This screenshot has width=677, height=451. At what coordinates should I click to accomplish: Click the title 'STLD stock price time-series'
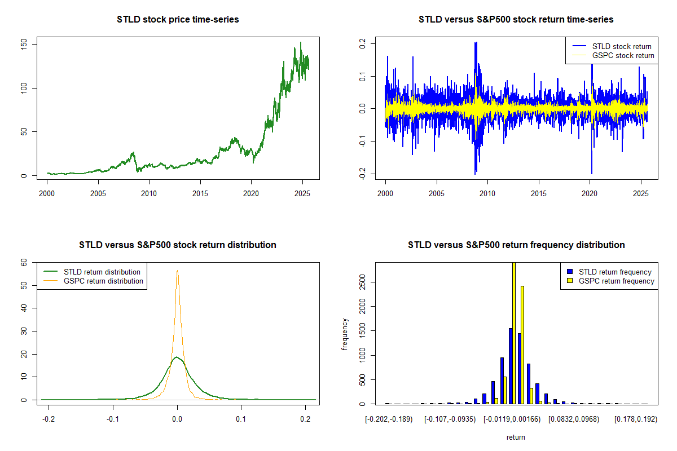[178, 20]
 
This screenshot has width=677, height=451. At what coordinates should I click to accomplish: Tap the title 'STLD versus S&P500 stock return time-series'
[516, 20]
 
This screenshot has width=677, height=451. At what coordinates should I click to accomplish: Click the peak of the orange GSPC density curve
[177, 270]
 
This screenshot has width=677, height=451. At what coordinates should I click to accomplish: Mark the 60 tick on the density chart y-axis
[23, 262]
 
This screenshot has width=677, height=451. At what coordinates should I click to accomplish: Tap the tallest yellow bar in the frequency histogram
[513, 333]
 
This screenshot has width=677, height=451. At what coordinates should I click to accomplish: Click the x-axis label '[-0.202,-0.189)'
[389, 420]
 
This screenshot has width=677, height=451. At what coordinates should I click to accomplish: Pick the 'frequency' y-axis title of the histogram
[345, 334]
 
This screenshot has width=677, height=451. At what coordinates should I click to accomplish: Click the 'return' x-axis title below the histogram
[516, 437]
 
